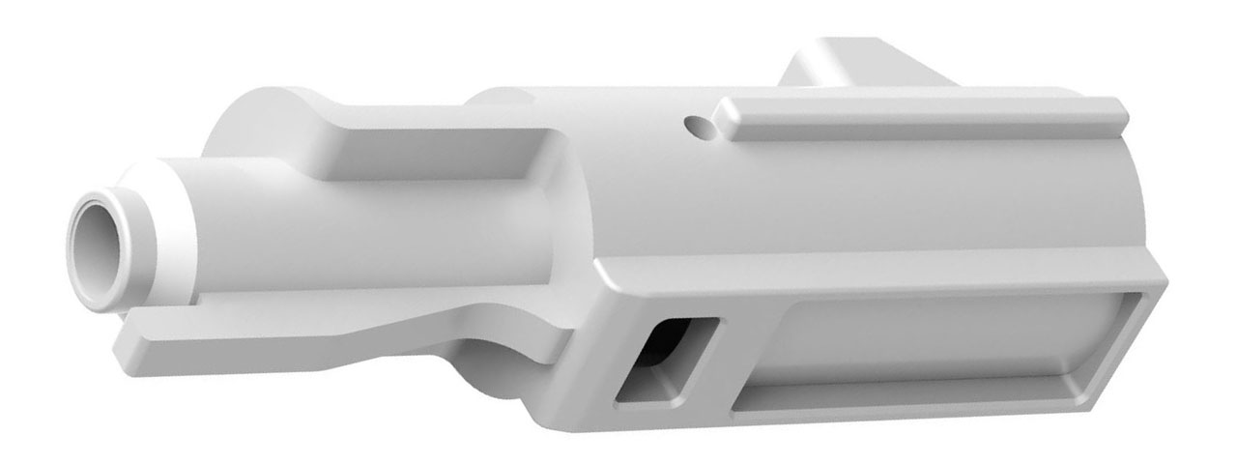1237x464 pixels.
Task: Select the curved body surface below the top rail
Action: pyautogui.click(x=870, y=203)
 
